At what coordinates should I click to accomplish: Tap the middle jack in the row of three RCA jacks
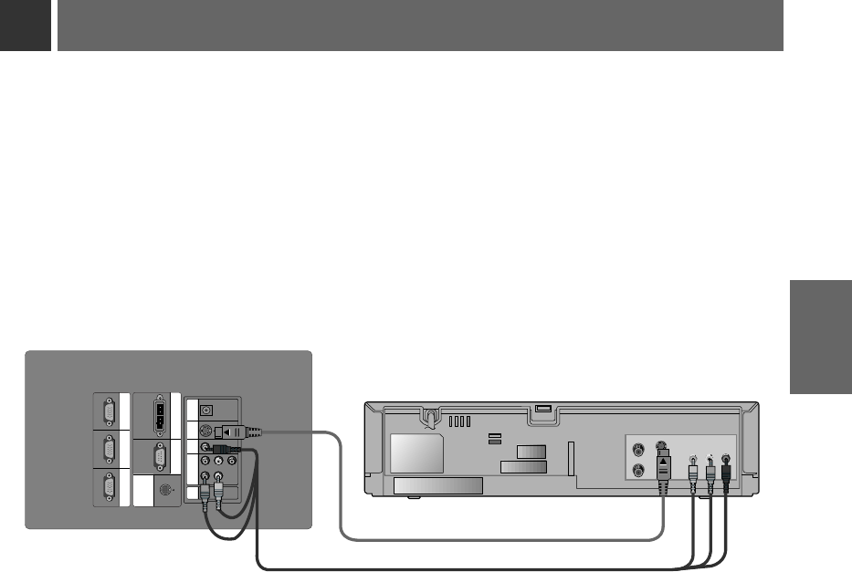pyautogui.click(x=218, y=462)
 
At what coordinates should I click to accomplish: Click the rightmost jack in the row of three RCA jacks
pyautogui.click(x=232, y=462)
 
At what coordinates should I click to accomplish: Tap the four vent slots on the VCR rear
pyautogui.click(x=462, y=422)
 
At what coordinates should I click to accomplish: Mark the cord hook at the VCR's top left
pyautogui.click(x=427, y=418)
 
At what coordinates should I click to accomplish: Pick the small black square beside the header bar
pyautogui.click(x=26, y=25)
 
